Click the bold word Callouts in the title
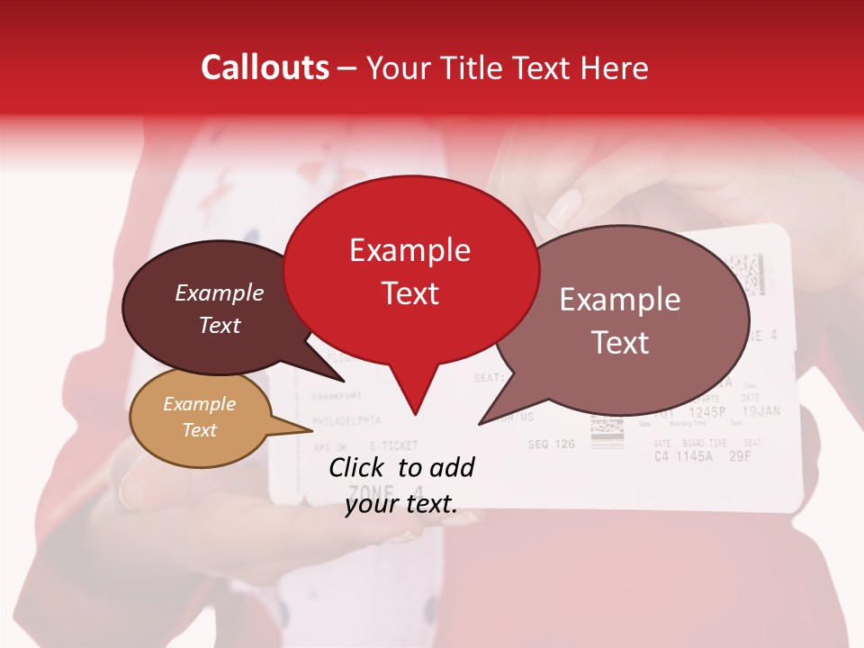point(265,67)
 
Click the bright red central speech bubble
point(410,270)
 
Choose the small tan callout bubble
point(199,417)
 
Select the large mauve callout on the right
point(621,319)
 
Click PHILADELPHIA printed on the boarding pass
point(346,420)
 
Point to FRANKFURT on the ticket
point(337,395)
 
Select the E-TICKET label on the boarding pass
point(393,445)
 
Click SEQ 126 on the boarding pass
point(551,444)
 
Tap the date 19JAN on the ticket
point(761,411)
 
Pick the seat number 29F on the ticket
point(740,455)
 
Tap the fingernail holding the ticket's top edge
point(564,210)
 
